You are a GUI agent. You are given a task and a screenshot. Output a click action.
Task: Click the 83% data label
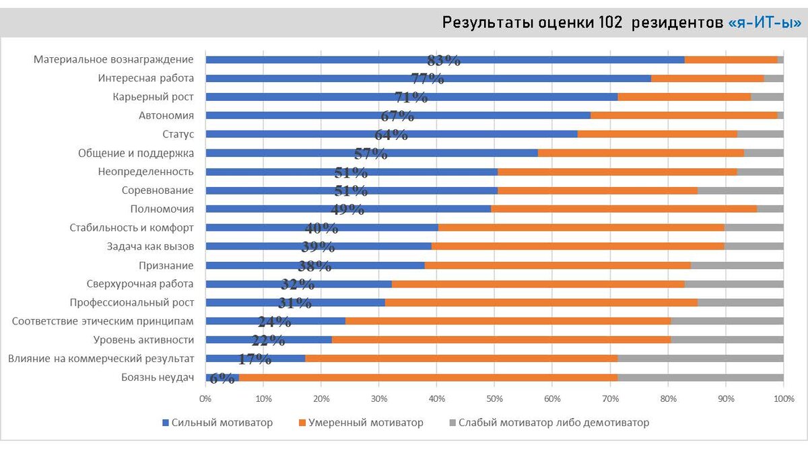coord(444,60)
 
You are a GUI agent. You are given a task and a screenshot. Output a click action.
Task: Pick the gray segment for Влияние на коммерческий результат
coord(700,359)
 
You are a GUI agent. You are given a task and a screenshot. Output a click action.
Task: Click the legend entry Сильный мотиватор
coord(217,423)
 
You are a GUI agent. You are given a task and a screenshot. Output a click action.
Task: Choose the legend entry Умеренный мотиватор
coord(361,423)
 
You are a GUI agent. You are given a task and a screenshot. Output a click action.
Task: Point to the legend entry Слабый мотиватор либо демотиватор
coord(549,423)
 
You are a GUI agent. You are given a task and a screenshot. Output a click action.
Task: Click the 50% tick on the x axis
coord(495,399)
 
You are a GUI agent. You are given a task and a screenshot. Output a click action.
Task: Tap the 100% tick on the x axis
coord(783,399)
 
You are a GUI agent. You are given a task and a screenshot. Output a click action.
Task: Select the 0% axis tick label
coord(205,399)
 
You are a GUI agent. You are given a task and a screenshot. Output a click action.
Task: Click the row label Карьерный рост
coord(154,97)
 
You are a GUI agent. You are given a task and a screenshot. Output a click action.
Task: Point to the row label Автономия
coord(166,116)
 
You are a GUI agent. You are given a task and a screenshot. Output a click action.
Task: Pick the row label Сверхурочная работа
coord(140,284)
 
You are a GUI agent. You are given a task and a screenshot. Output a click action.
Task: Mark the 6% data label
coord(222,378)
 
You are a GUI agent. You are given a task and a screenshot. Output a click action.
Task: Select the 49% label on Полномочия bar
coord(347,209)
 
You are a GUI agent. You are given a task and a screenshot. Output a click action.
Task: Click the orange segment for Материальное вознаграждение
coord(731,60)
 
